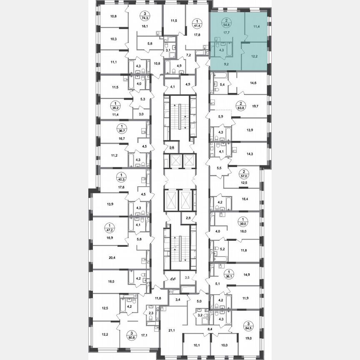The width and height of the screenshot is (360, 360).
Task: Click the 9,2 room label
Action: point(227,64)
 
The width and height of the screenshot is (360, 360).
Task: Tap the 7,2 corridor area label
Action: point(188,55)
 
